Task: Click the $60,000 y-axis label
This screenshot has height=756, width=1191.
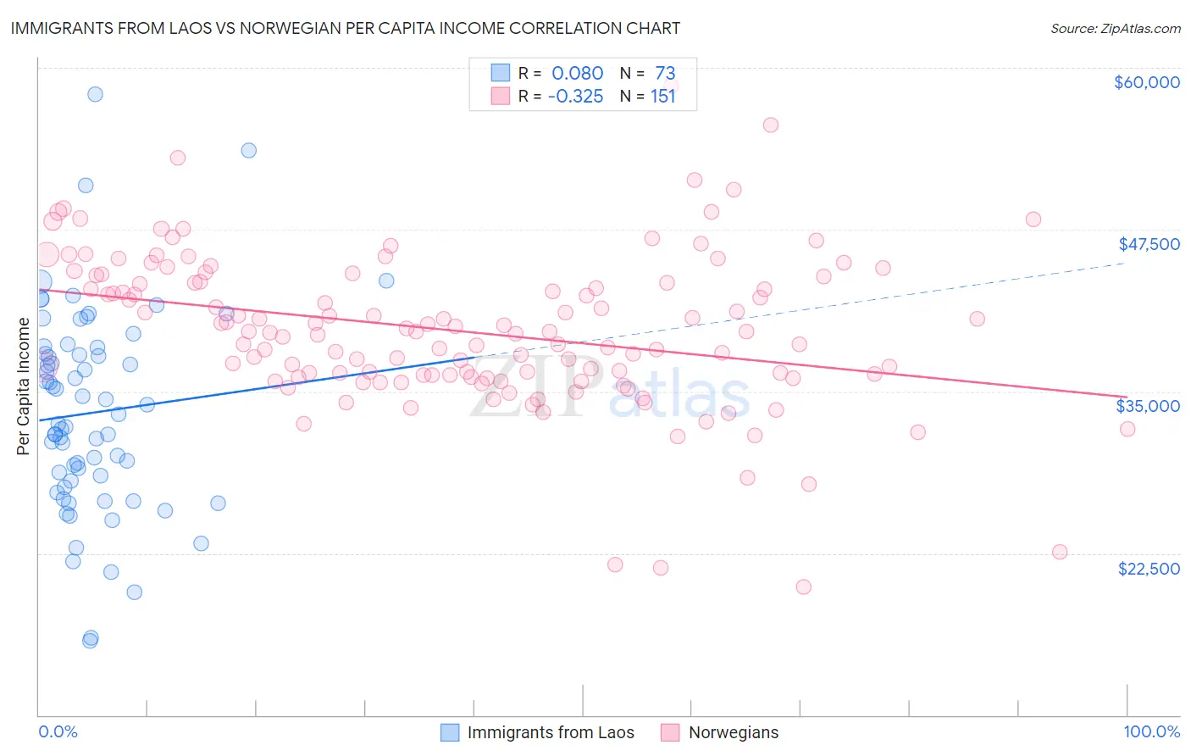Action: pos(1146,82)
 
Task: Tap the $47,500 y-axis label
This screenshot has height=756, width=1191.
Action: pos(1149,244)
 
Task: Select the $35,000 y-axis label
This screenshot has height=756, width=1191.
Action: pos(1148,406)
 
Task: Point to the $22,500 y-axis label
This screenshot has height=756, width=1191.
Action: pos(1149,569)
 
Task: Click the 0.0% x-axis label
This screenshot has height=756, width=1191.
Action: pos(58,731)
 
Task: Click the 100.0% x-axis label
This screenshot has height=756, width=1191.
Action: pos(1151,731)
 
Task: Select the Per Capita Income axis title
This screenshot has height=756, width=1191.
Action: pos(24,386)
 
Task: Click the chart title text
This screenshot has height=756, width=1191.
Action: pos(345,28)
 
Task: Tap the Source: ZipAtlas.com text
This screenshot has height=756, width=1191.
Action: pos(1115,29)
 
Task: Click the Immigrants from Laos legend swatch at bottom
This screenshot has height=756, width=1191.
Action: pos(450,732)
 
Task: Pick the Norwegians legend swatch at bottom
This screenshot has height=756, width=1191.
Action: pos(671,732)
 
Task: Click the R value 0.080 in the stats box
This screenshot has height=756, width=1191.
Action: pos(577,74)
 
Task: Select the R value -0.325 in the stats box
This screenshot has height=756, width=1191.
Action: pos(575,97)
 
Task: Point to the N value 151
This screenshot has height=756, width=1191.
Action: pos(662,97)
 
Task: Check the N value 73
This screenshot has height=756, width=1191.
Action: pos(665,74)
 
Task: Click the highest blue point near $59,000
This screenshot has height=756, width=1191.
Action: pos(95,94)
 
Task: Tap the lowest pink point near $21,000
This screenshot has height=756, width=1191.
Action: pos(804,586)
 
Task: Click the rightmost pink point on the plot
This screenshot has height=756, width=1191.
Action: pos(1127,429)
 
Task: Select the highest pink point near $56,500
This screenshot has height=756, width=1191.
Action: pos(771,125)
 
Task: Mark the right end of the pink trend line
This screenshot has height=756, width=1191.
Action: pos(1127,397)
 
